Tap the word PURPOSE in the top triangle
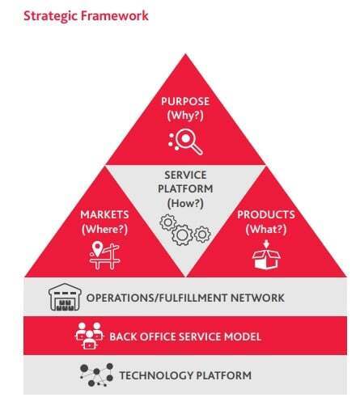pos(185,102)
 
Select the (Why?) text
pos(185,116)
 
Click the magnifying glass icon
pos(185,142)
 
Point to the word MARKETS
pos(104,215)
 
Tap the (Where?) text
pos(104,230)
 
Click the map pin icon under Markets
pos(97,248)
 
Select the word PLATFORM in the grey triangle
pos(185,189)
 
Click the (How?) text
pos(185,203)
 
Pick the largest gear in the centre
pos(183,235)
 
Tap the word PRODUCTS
pos(266,215)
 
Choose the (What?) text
pos(266,230)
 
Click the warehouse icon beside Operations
pos(65,297)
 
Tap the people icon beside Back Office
pos(89,336)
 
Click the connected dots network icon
pos(96,375)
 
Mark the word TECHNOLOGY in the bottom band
pos(156,375)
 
